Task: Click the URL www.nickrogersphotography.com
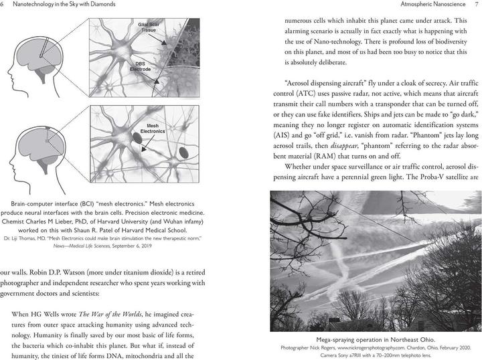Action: click(374, 348)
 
